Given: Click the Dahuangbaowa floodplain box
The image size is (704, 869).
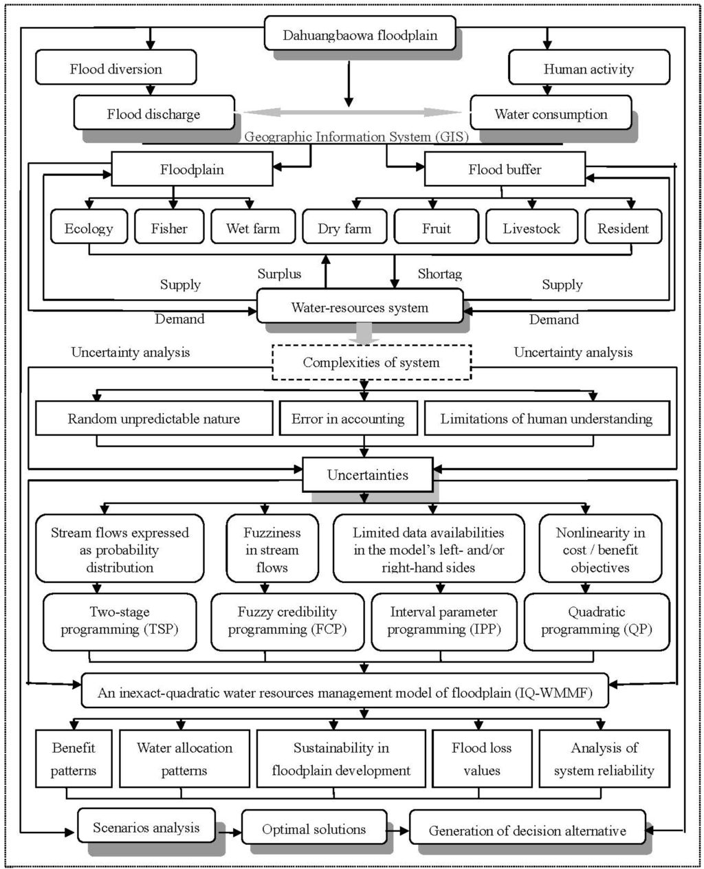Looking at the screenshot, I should (x=360, y=35).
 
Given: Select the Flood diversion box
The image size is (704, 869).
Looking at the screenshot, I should (x=115, y=69).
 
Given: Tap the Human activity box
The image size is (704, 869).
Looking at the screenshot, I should (x=588, y=69).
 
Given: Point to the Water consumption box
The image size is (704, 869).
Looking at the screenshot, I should (x=550, y=114).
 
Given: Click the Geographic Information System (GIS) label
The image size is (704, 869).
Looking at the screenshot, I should (x=356, y=137).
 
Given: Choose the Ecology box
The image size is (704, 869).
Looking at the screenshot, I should (x=89, y=228).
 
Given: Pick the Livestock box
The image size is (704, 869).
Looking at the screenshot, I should (x=531, y=228).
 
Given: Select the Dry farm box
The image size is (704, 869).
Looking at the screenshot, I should (x=344, y=228).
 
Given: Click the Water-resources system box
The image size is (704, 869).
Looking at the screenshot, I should (x=360, y=307).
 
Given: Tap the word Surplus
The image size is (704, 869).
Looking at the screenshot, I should (x=279, y=274).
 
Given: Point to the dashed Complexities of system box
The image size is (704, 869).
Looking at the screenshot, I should (x=371, y=362).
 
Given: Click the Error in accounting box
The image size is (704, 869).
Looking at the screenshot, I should (x=348, y=419).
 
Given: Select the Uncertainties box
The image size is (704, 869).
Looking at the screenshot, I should (x=367, y=475).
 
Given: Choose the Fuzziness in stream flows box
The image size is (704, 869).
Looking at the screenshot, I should (x=272, y=549).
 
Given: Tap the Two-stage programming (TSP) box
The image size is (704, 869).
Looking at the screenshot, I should (x=119, y=621).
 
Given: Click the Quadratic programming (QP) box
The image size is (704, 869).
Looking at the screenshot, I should (x=596, y=621).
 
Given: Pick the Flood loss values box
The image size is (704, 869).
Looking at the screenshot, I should (x=481, y=759).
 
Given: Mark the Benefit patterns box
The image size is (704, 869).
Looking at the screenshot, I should (x=74, y=759).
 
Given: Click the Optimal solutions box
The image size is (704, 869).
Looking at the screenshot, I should (x=313, y=829).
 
